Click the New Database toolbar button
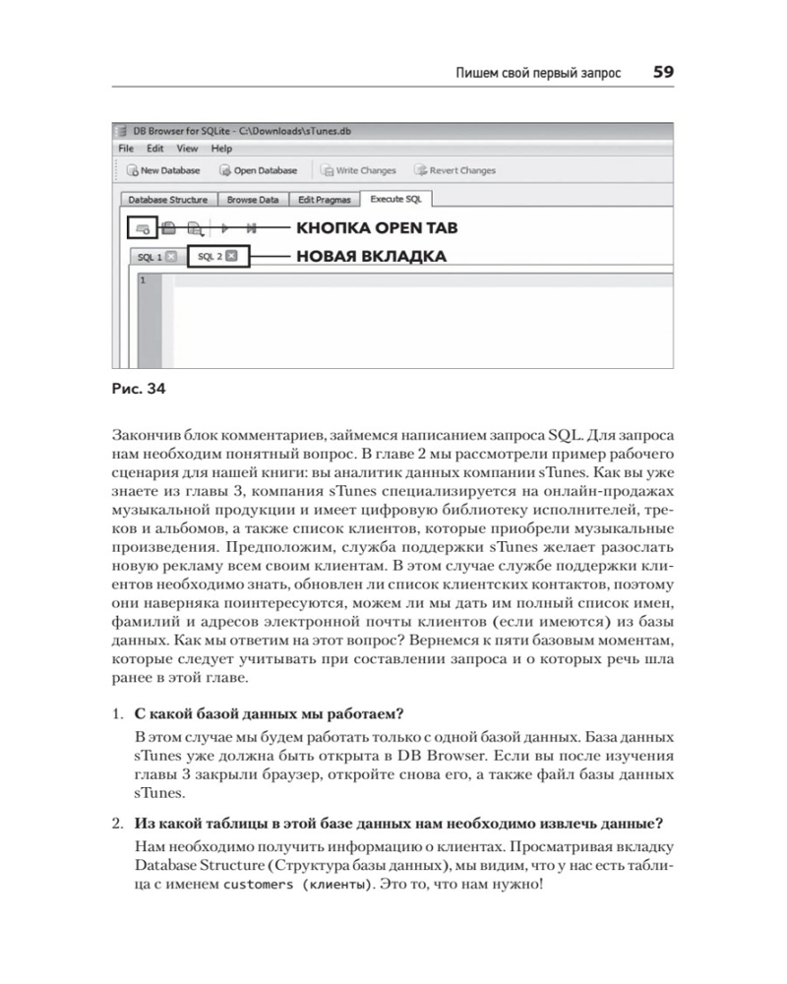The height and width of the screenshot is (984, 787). coord(163,170)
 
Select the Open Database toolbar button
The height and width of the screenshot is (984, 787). coord(259,170)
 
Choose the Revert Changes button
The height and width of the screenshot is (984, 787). coord(455,170)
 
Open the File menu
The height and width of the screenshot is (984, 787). coord(126,149)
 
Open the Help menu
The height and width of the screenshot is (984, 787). coord(221,149)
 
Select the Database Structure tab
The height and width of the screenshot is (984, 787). coord(168,200)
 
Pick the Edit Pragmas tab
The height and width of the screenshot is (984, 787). coord(326,200)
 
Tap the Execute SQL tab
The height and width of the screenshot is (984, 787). coord(395,199)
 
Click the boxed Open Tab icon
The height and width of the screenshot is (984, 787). coord(143,228)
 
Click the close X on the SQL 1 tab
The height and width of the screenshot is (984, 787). coord(170,257)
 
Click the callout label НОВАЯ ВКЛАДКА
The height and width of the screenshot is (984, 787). coord(365,257)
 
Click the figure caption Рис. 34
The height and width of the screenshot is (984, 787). coord(140,389)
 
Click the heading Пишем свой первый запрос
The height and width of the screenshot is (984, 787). coord(532,73)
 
